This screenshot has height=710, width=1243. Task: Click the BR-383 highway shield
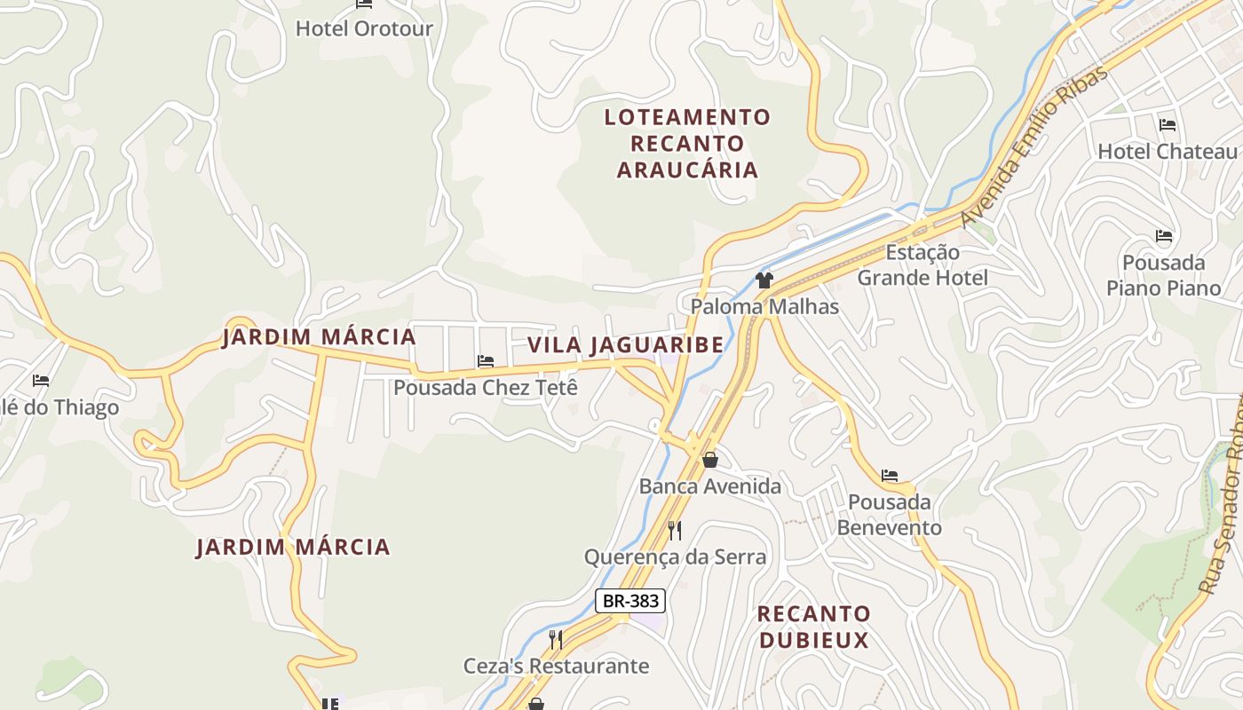tap(630, 601)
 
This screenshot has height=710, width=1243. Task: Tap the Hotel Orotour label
tap(364, 28)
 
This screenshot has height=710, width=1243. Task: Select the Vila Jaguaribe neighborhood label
tap(625, 345)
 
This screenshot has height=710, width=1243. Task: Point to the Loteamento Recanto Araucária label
tap(688, 143)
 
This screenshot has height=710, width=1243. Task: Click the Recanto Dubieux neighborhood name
tap(813, 627)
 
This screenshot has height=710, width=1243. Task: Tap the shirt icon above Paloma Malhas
tap(764, 280)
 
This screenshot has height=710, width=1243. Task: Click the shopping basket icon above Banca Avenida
tap(709, 460)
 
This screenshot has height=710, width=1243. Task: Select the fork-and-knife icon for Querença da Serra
tap(675, 531)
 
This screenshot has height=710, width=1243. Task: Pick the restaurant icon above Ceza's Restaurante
tap(556, 639)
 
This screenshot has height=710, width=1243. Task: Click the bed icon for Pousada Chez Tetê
tap(486, 361)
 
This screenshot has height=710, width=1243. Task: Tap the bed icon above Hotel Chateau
tap(1167, 125)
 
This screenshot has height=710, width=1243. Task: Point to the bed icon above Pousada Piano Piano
tap(1164, 236)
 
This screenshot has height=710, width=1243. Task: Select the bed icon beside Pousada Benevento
tap(890, 476)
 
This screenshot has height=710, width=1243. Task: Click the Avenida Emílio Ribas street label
tap(1035, 146)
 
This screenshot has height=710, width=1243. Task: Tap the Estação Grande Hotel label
tap(922, 265)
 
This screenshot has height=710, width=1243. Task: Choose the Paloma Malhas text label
tap(764, 307)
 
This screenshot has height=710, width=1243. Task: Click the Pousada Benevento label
tap(889, 515)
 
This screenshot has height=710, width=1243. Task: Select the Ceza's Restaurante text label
tap(557, 666)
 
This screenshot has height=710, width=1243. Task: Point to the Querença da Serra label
tap(675, 557)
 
